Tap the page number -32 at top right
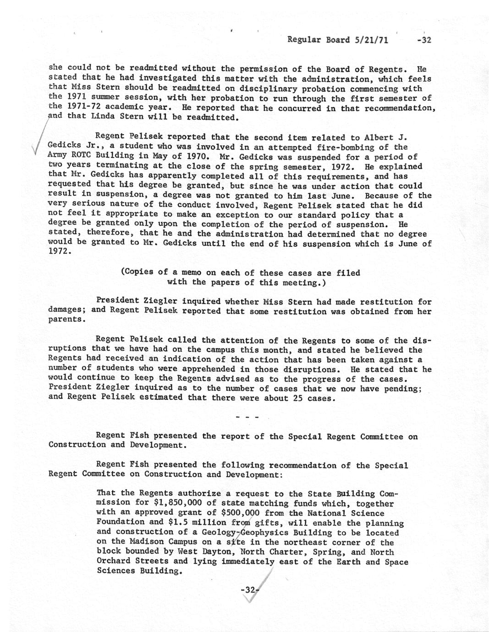coord(424,40)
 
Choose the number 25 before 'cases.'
coord(298,398)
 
